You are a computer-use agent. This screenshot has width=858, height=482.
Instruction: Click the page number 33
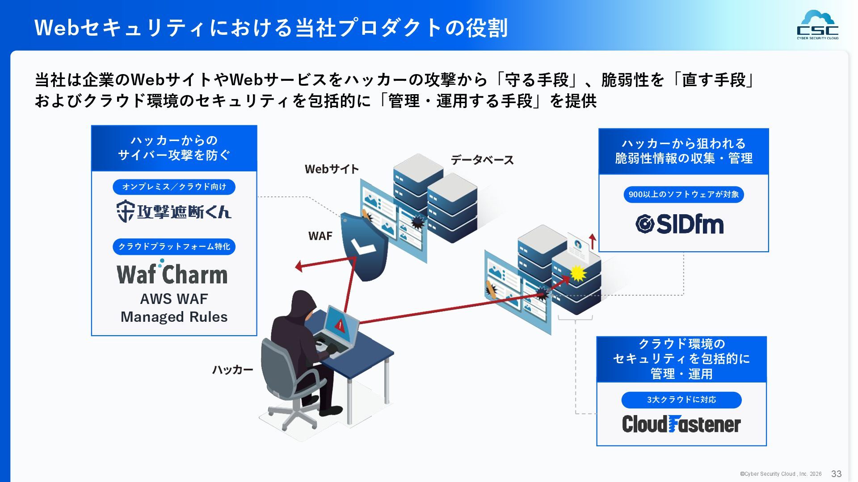pos(836,474)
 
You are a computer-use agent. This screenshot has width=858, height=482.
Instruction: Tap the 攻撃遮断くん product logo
pos(174,211)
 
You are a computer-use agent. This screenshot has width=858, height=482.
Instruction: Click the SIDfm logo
pos(679,224)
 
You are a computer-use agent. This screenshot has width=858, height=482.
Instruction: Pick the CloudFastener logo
pos(681,424)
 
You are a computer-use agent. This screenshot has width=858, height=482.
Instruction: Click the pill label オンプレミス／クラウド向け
pos(174,187)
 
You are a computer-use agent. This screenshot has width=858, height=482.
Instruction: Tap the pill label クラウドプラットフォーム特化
pos(174,246)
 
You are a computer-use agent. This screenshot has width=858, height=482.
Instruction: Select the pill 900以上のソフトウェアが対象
pos(683,194)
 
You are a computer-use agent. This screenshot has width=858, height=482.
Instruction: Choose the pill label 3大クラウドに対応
pos(681,399)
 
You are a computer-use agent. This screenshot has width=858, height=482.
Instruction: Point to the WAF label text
pos(320,236)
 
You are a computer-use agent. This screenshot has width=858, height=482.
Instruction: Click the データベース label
pos(482,160)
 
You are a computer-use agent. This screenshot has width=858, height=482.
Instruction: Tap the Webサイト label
pos(332,169)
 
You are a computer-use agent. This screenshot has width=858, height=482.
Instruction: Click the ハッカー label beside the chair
pos(232,370)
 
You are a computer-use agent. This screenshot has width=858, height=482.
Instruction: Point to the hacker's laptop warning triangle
pos(340,325)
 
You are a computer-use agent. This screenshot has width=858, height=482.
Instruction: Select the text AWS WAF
pos(174,299)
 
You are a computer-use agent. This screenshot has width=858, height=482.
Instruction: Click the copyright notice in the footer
pos(780,474)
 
